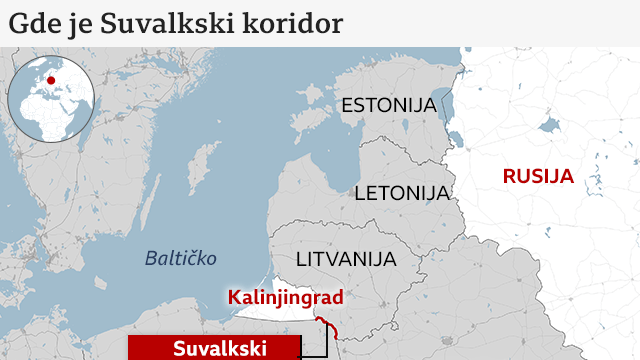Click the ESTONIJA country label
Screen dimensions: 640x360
[388, 105]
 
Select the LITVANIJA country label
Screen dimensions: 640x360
[345, 259]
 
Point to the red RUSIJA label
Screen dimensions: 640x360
[538, 177]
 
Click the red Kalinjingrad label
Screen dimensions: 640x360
[286, 297]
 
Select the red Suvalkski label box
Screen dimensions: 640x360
[214, 348]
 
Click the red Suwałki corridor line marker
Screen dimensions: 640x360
[326, 324]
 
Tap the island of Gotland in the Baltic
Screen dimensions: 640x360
[206, 165]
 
